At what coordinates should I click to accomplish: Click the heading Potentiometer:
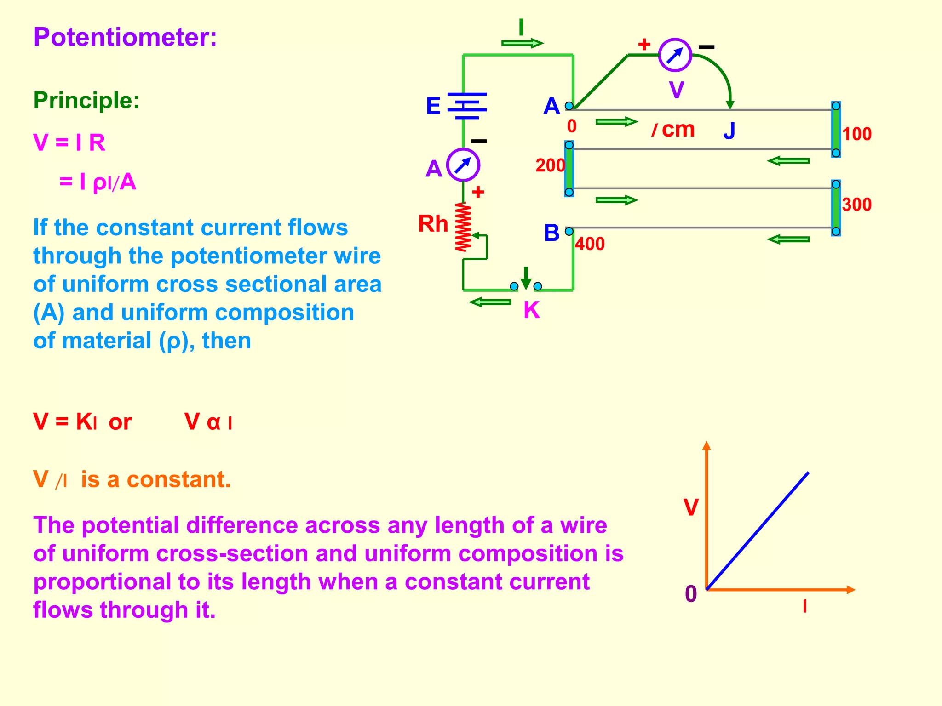(125, 37)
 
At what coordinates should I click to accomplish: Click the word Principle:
(86, 100)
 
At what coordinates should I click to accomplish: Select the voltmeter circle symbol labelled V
(675, 55)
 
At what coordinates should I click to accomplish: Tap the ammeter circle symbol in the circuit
(463, 165)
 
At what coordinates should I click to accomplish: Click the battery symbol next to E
(466, 106)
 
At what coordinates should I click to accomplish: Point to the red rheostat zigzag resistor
(463, 227)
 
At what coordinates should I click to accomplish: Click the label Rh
(433, 224)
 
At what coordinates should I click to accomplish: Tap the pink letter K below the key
(531, 310)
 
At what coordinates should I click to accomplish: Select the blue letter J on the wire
(729, 131)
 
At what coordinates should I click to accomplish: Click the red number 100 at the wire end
(857, 134)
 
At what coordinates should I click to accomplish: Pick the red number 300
(857, 205)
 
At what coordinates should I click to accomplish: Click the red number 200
(550, 165)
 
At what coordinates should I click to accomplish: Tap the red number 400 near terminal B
(590, 244)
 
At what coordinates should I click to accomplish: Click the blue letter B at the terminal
(551, 233)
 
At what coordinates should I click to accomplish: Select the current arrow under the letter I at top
(522, 44)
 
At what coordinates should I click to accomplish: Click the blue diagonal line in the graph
(758, 531)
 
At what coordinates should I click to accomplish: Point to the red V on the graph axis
(691, 508)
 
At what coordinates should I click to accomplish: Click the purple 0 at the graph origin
(691, 594)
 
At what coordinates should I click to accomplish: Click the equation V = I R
(69, 142)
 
